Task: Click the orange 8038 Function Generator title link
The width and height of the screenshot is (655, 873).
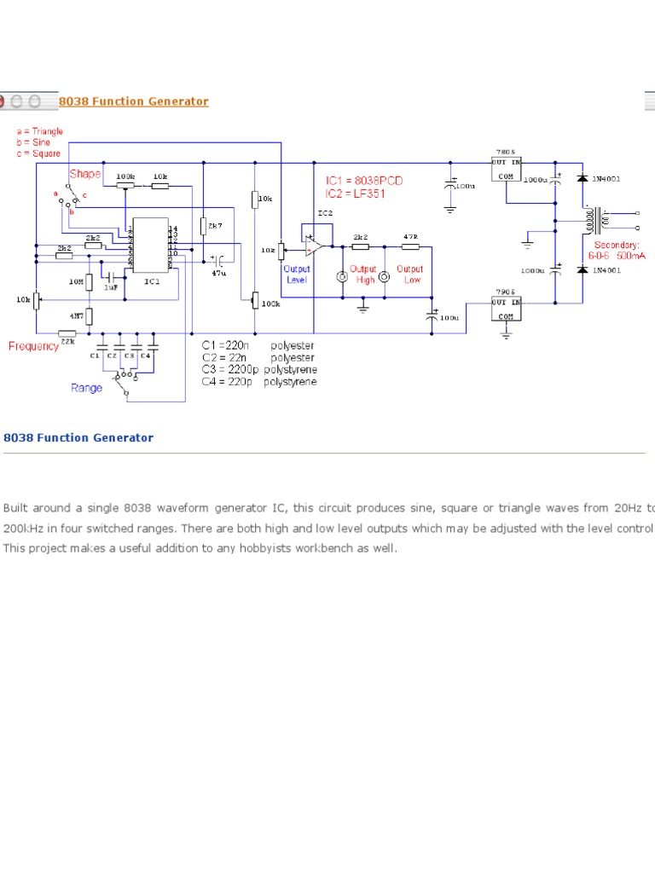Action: pyautogui.click(x=133, y=101)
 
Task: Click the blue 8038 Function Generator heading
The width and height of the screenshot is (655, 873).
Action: pyautogui.click(x=78, y=438)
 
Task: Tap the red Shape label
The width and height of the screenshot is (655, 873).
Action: pyautogui.click(x=85, y=174)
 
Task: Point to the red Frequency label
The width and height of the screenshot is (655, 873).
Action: pyautogui.click(x=34, y=346)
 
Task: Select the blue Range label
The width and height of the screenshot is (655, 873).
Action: pyautogui.click(x=86, y=388)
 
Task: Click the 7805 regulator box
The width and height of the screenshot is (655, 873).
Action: pyautogui.click(x=507, y=169)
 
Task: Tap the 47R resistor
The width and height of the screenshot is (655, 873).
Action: pyautogui.click(x=410, y=246)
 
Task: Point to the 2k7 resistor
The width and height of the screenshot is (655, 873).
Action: pyautogui.click(x=204, y=226)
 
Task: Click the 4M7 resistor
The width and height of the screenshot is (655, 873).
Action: pyautogui.click(x=90, y=316)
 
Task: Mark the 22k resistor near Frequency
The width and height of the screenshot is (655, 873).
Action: pyautogui.click(x=67, y=333)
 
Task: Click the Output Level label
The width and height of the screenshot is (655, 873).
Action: pyautogui.click(x=297, y=275)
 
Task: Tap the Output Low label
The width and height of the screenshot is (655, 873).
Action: pyautogui.click(x=409, y=275)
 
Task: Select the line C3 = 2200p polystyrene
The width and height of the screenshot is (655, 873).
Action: pyautogui.click(x=259, y=370)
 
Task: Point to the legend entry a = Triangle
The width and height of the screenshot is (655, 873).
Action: pyautogui.click(x=39, y=132)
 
